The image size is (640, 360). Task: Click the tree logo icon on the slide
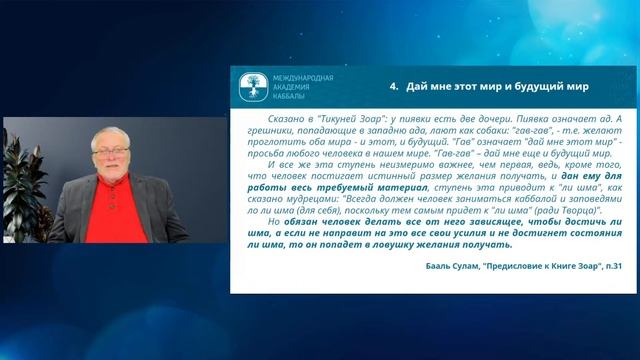(x=254, y=86)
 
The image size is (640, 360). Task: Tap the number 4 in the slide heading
(x=393, y=87)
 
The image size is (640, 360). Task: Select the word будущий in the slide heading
(x=539, y=87)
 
